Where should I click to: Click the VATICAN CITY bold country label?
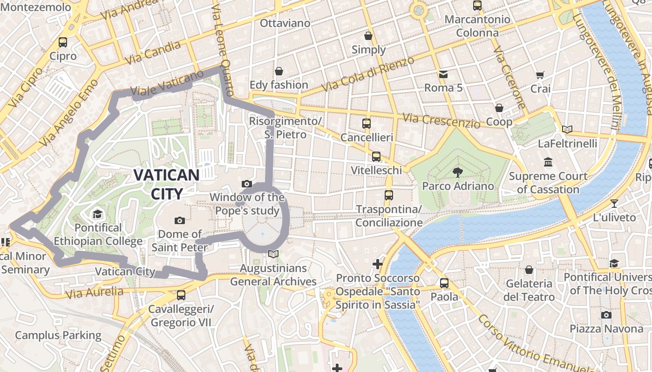(x=166, y=184)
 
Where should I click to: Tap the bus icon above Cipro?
(x=63, y=42)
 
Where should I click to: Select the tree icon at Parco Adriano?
(x=457, y=172)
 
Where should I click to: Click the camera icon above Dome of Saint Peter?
(x=179, y=220)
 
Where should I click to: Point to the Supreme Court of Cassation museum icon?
(x=548, y=162)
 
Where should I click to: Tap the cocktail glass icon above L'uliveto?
(x=614, y=203)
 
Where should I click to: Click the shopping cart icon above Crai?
(x=540, y=75)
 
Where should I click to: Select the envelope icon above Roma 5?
(x=442, y=74)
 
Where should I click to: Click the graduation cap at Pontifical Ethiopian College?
(x=97, y=214)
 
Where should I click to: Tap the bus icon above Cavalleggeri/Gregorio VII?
(x=181, y=295)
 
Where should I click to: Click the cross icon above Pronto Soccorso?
(x=377, y=264)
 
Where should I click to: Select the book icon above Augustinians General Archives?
(x=273, y=254)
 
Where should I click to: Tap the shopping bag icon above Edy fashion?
(x=278, y=71)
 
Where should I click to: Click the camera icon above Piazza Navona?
(x=606, y=315)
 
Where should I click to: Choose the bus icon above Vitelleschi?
(x=376, y=156)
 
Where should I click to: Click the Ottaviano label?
(x=285, y=23)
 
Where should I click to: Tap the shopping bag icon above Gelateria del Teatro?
(x=529, y=270)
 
